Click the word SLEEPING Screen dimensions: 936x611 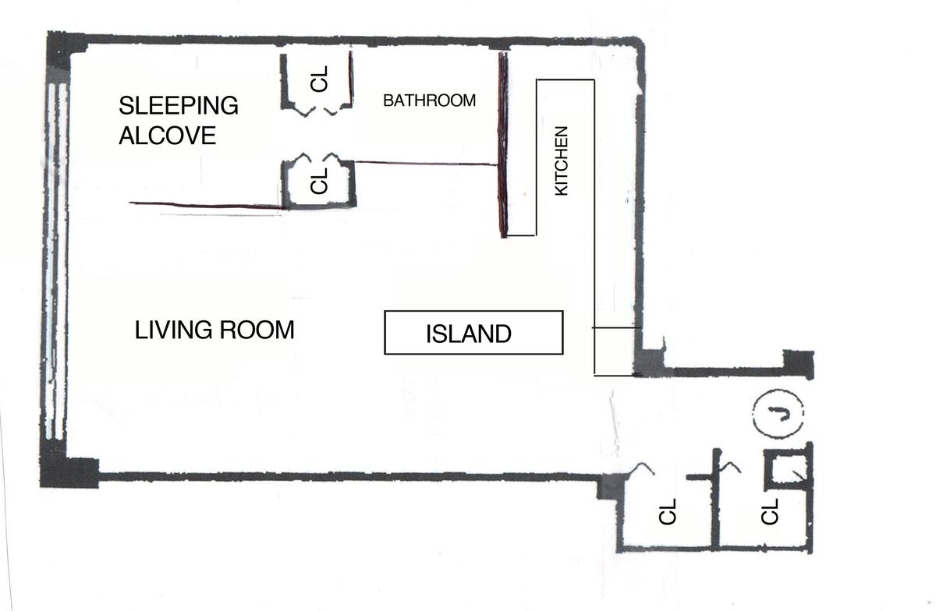point(179,105)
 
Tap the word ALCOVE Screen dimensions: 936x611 point(167,136)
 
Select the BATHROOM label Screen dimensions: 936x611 point(429,101)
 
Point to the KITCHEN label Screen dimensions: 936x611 point(561,161)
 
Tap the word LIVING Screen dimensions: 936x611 point(173,330)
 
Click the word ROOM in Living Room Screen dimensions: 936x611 point(257,330)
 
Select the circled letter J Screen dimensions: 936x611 point(778,414)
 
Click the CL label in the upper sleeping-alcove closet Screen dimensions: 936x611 point(320,79)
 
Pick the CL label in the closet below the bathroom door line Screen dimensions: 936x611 point(320,182)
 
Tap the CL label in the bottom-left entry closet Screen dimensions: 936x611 point(667,511)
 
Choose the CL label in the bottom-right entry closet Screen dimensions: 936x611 point(770,511)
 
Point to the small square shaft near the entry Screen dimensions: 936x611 point(788,470)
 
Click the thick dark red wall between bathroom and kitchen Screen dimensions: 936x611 point(504,145)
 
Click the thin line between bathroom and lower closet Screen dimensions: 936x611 point(426,164)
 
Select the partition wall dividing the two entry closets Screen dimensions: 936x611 point(716,499)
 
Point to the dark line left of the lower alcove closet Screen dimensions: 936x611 point(206,205)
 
